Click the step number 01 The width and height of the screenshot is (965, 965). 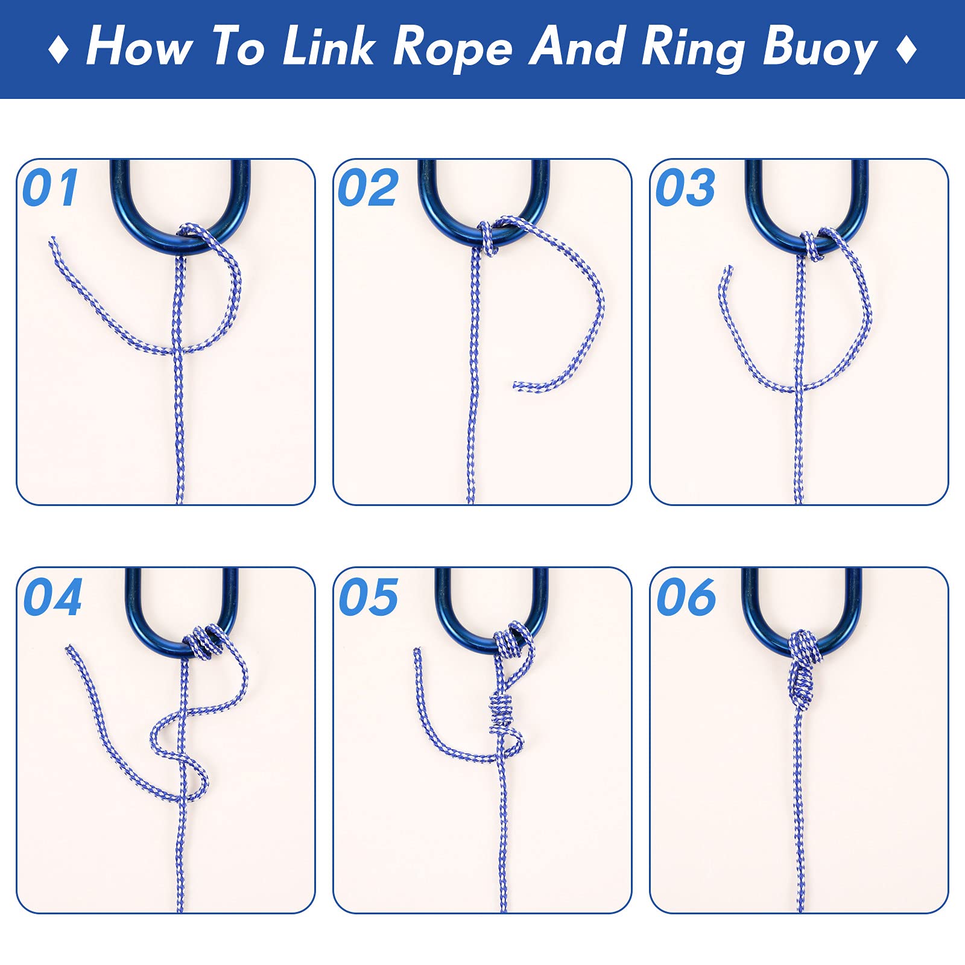(x=50, y=188)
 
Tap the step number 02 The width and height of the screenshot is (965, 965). (x=368, y=188)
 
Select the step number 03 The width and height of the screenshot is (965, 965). (x=685, y=188)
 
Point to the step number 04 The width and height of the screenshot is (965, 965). (x=52, y=597)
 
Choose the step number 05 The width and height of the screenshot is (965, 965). (x=369, y=597)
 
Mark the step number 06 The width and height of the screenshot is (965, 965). (x=686, y=597)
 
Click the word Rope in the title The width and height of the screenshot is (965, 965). (x=452, y=48)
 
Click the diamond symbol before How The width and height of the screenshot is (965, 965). (x=58, y=48)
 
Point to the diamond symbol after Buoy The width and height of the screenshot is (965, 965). (x=906, y=48)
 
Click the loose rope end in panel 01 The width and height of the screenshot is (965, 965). (x=53, y=240)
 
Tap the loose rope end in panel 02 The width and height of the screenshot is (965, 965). (x=516, y=385)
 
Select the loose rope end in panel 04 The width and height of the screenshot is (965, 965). (x=69, y=649)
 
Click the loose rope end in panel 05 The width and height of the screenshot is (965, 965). (x=416, y=651)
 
